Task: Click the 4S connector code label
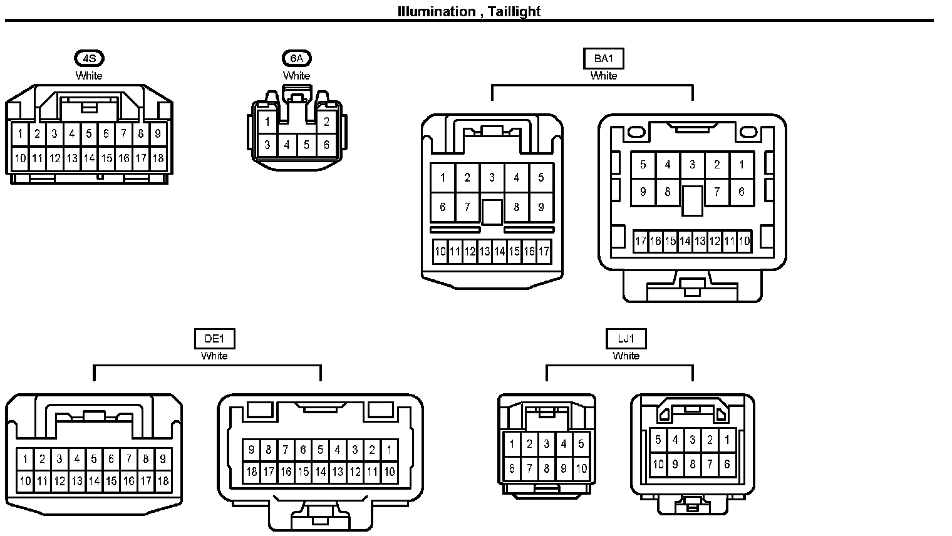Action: (89, 59)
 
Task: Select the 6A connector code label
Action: (296, 59)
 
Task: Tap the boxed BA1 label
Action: (603, 59)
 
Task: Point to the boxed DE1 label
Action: (214, 339)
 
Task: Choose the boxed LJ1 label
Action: (626, 339)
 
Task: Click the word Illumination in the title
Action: (437, 11)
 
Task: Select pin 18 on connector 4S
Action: (158, 158)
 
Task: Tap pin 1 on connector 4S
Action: (21, 133)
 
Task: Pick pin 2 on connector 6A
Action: (326, 122)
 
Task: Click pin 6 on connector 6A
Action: (326, 145)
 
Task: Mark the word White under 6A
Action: (296, 76)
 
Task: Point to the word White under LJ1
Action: (626, 356)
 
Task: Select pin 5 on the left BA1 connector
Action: (541, 178)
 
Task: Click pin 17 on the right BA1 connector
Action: (640, 241)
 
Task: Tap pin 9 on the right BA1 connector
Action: (643, 192)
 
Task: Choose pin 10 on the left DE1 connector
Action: (25, 482)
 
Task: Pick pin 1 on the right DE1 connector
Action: (389, 450)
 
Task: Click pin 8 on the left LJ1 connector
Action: (547, 468)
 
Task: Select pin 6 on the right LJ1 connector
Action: (727, 465)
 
